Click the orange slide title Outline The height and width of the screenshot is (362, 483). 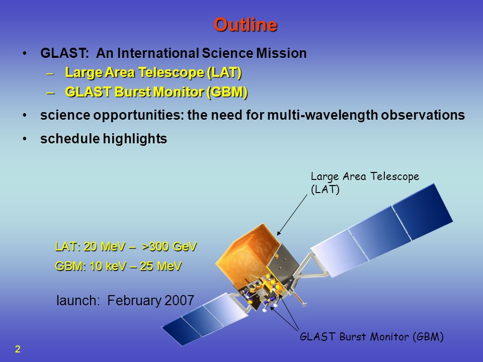246,25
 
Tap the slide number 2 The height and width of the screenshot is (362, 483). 18,349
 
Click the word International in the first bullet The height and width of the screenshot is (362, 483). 157,53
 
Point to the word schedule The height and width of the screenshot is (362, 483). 70,139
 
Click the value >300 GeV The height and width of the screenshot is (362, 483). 169,246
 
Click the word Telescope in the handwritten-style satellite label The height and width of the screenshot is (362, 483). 394,176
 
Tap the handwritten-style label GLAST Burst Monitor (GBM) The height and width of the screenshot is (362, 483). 372,337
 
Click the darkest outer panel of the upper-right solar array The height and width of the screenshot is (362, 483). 423,212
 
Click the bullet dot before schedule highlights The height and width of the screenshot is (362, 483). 25,139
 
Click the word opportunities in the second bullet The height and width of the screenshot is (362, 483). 135,116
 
